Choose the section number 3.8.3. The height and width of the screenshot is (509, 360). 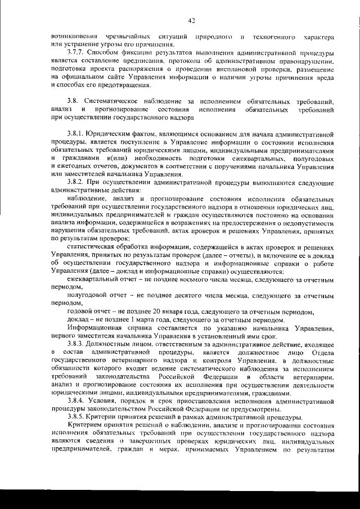tap(75, 344)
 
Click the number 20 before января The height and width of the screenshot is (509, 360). tap(158, 312)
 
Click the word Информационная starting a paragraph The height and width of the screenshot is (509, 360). tap(97, 328)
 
